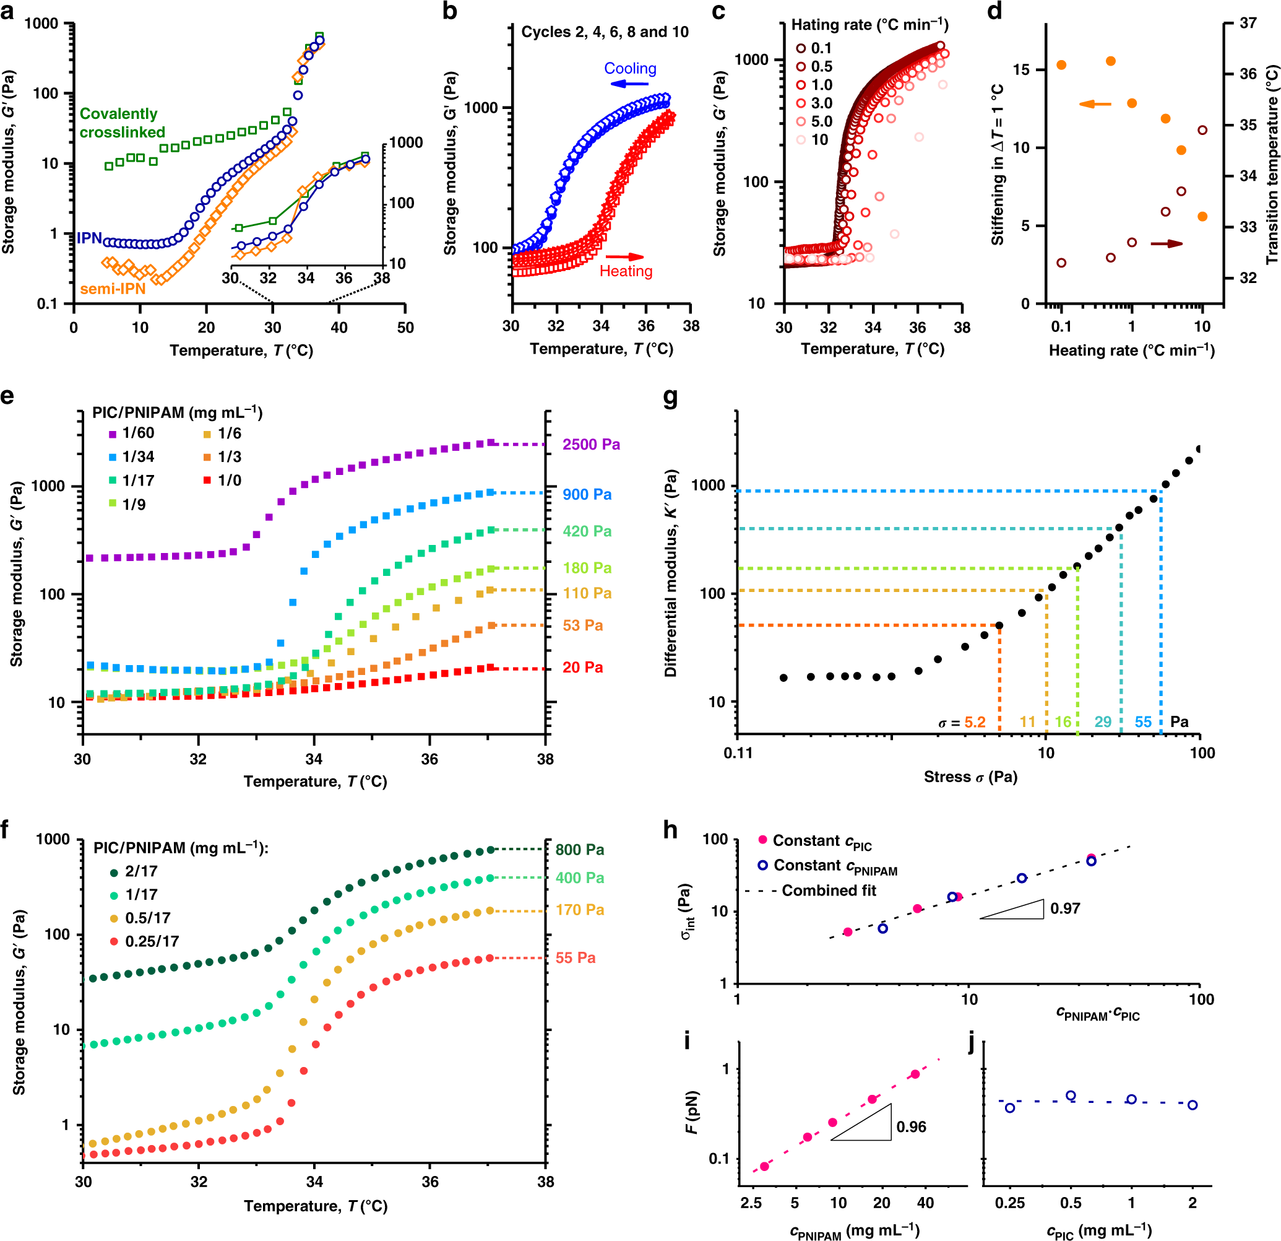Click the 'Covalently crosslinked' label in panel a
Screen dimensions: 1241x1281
pyautogui.click(x=121, y=123)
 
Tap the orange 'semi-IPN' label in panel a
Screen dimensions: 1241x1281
pyautogui.click(x=113, y=289)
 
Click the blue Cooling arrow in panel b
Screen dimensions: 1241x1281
pyautogui.click(x=629, y=84)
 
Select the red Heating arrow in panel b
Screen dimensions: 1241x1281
pyautogui.click(x=625, y=257)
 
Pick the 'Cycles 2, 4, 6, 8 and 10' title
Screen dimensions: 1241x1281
pyautogui.click(x=605, y=32)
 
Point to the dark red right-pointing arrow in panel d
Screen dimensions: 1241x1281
pyautogui.click(x=1167, y=244)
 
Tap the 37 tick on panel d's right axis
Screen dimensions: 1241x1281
pyautogui.click(x=1248, y=23)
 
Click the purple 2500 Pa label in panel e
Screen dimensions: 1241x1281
pyautogui.click(x=591, y=445)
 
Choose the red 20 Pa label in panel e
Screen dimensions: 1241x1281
pyautogui.click(x=582, y=668)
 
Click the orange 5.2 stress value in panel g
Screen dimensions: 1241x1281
pyautogui.click(x=975, y=722)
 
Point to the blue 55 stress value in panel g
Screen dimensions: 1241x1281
pyautogui.click(x=1143, y=722)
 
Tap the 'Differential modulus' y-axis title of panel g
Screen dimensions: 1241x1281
pyautogui.click(x=671, y=573)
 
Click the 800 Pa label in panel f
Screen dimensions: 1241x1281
pyautogui.click(x=579, y=850)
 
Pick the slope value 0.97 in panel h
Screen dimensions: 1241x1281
pyautogui.click(x=1064, y=908)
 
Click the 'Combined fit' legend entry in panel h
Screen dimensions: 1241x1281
pyautogui.click(x=829, y=890)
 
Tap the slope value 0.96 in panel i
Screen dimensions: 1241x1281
pyautogui.click(x=911, y=1126)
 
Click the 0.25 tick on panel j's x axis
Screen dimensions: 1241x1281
pyautogui.click(x=1010, y=1203)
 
